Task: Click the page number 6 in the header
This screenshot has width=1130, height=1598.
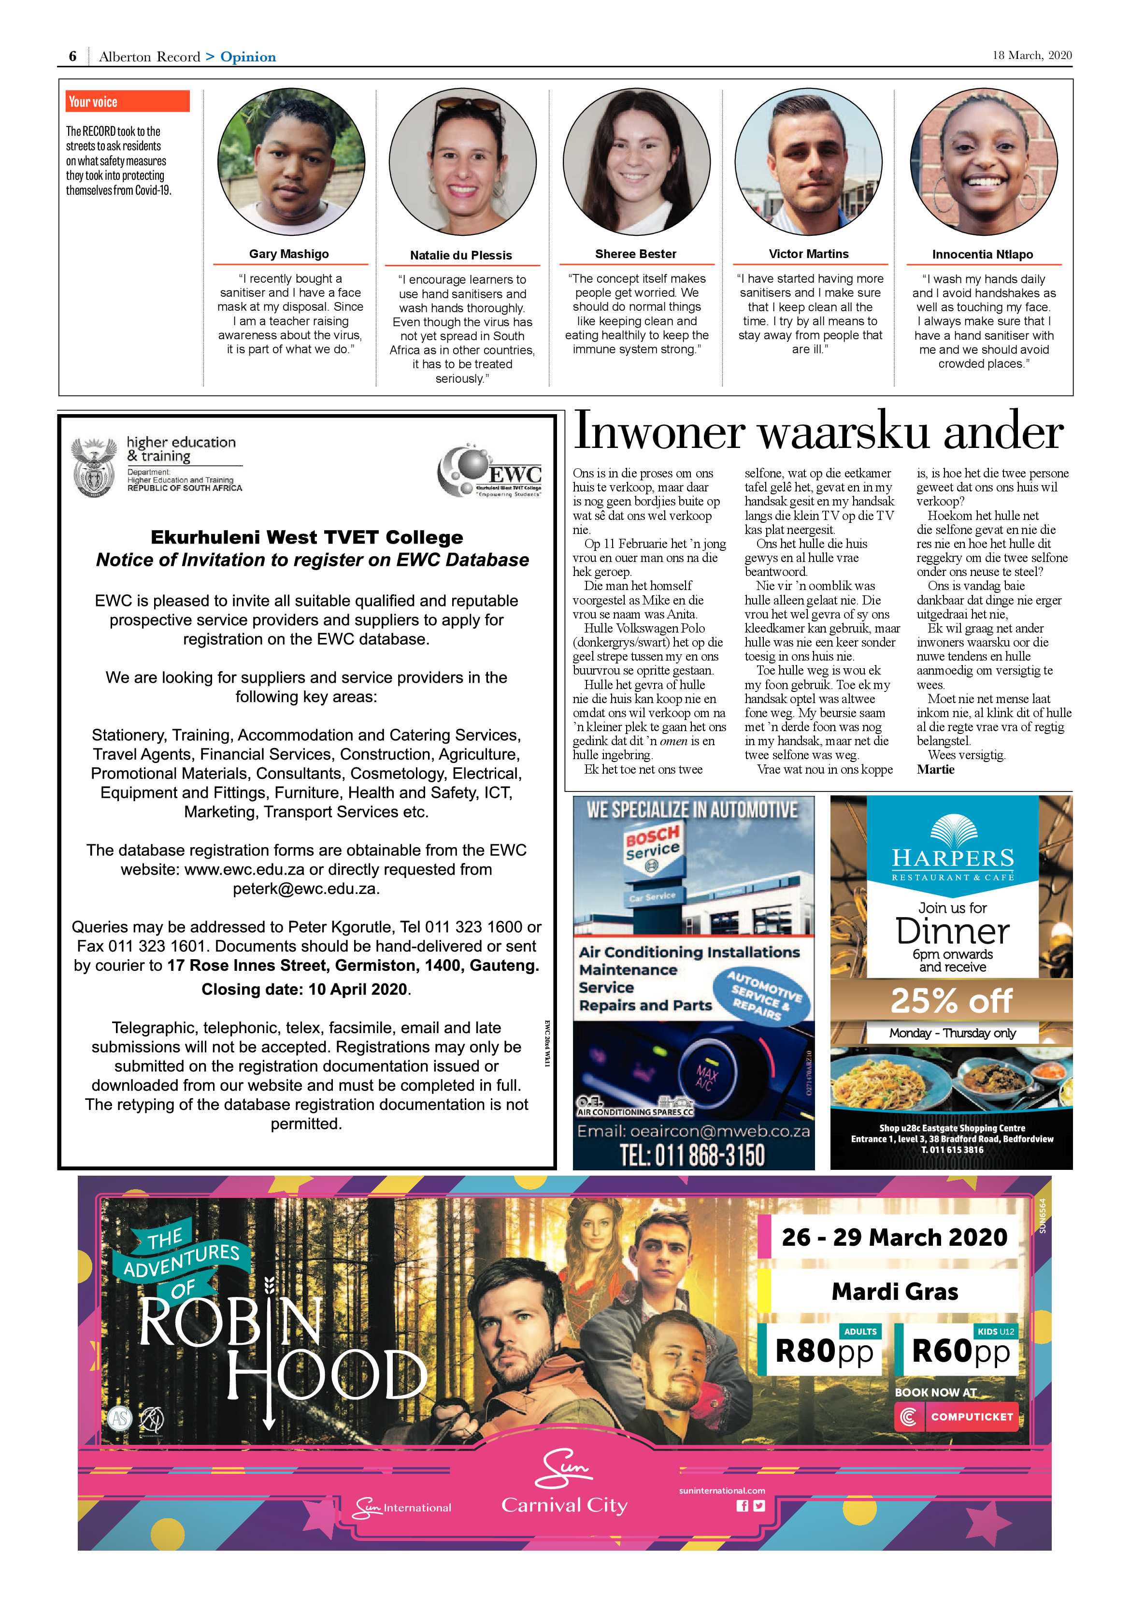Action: point(72,57)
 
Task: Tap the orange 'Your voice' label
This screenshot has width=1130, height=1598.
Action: point(128,101)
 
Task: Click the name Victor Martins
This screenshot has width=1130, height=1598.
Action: point(809,254)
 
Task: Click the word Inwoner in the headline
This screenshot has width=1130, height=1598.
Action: point(658,432)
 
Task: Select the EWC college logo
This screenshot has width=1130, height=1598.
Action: point(490,472)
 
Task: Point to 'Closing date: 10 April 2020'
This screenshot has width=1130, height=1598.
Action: point(306,990)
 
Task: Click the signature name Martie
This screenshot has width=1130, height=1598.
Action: point(935,769)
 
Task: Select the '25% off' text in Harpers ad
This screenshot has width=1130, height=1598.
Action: point(951,1001)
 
